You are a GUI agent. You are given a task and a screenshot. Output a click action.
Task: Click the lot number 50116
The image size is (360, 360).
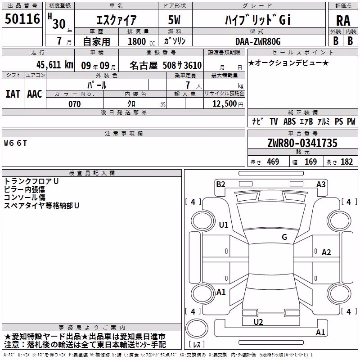pos(22,18)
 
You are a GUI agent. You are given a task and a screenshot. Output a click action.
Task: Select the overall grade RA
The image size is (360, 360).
pos(343,21)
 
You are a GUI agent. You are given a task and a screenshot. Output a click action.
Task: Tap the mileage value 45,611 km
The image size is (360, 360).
pos(54,65)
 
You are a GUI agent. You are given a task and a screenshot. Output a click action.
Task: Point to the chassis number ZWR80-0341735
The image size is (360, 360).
pos(302,143)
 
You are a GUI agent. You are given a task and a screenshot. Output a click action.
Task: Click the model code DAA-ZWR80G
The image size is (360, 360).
pos(258,41)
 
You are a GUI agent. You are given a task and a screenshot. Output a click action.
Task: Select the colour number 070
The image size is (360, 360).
pos(74,104)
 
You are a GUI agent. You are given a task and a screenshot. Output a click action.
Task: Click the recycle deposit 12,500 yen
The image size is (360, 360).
pos(228,104)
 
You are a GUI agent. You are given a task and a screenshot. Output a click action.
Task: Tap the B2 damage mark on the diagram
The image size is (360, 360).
pos(220,184)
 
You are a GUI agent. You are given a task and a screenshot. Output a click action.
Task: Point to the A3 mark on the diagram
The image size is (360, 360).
pos(321,184)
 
